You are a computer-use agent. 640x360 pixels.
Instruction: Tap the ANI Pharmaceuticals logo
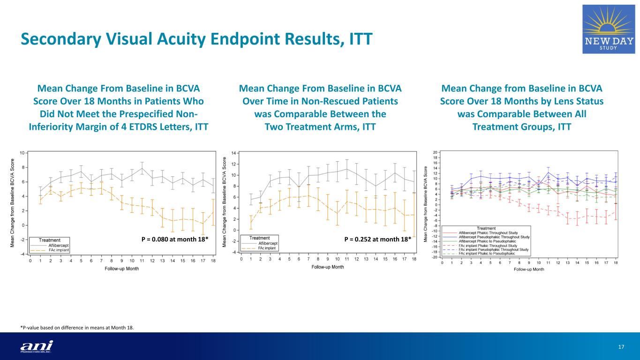click(x=37, y=346)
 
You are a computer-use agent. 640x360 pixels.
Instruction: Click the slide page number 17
click(x=622, y=346)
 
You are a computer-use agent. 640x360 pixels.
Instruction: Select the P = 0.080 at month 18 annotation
click(x=174, y=240)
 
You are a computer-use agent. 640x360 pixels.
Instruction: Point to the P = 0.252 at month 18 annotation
click(x=377, y=240)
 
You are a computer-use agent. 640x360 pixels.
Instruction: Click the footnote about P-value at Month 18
click(x=77, y=328)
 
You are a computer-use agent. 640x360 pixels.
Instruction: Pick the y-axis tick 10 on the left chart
click(x=22, y=153)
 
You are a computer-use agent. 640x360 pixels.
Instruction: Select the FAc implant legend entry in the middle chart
click(x=268, y=248)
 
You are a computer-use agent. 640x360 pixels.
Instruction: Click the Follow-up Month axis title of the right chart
click(x=529, y=270)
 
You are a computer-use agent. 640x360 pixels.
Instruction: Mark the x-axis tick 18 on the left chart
click(x=213, y=261)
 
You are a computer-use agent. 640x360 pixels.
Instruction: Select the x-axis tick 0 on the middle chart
click(x=241, y=259)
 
